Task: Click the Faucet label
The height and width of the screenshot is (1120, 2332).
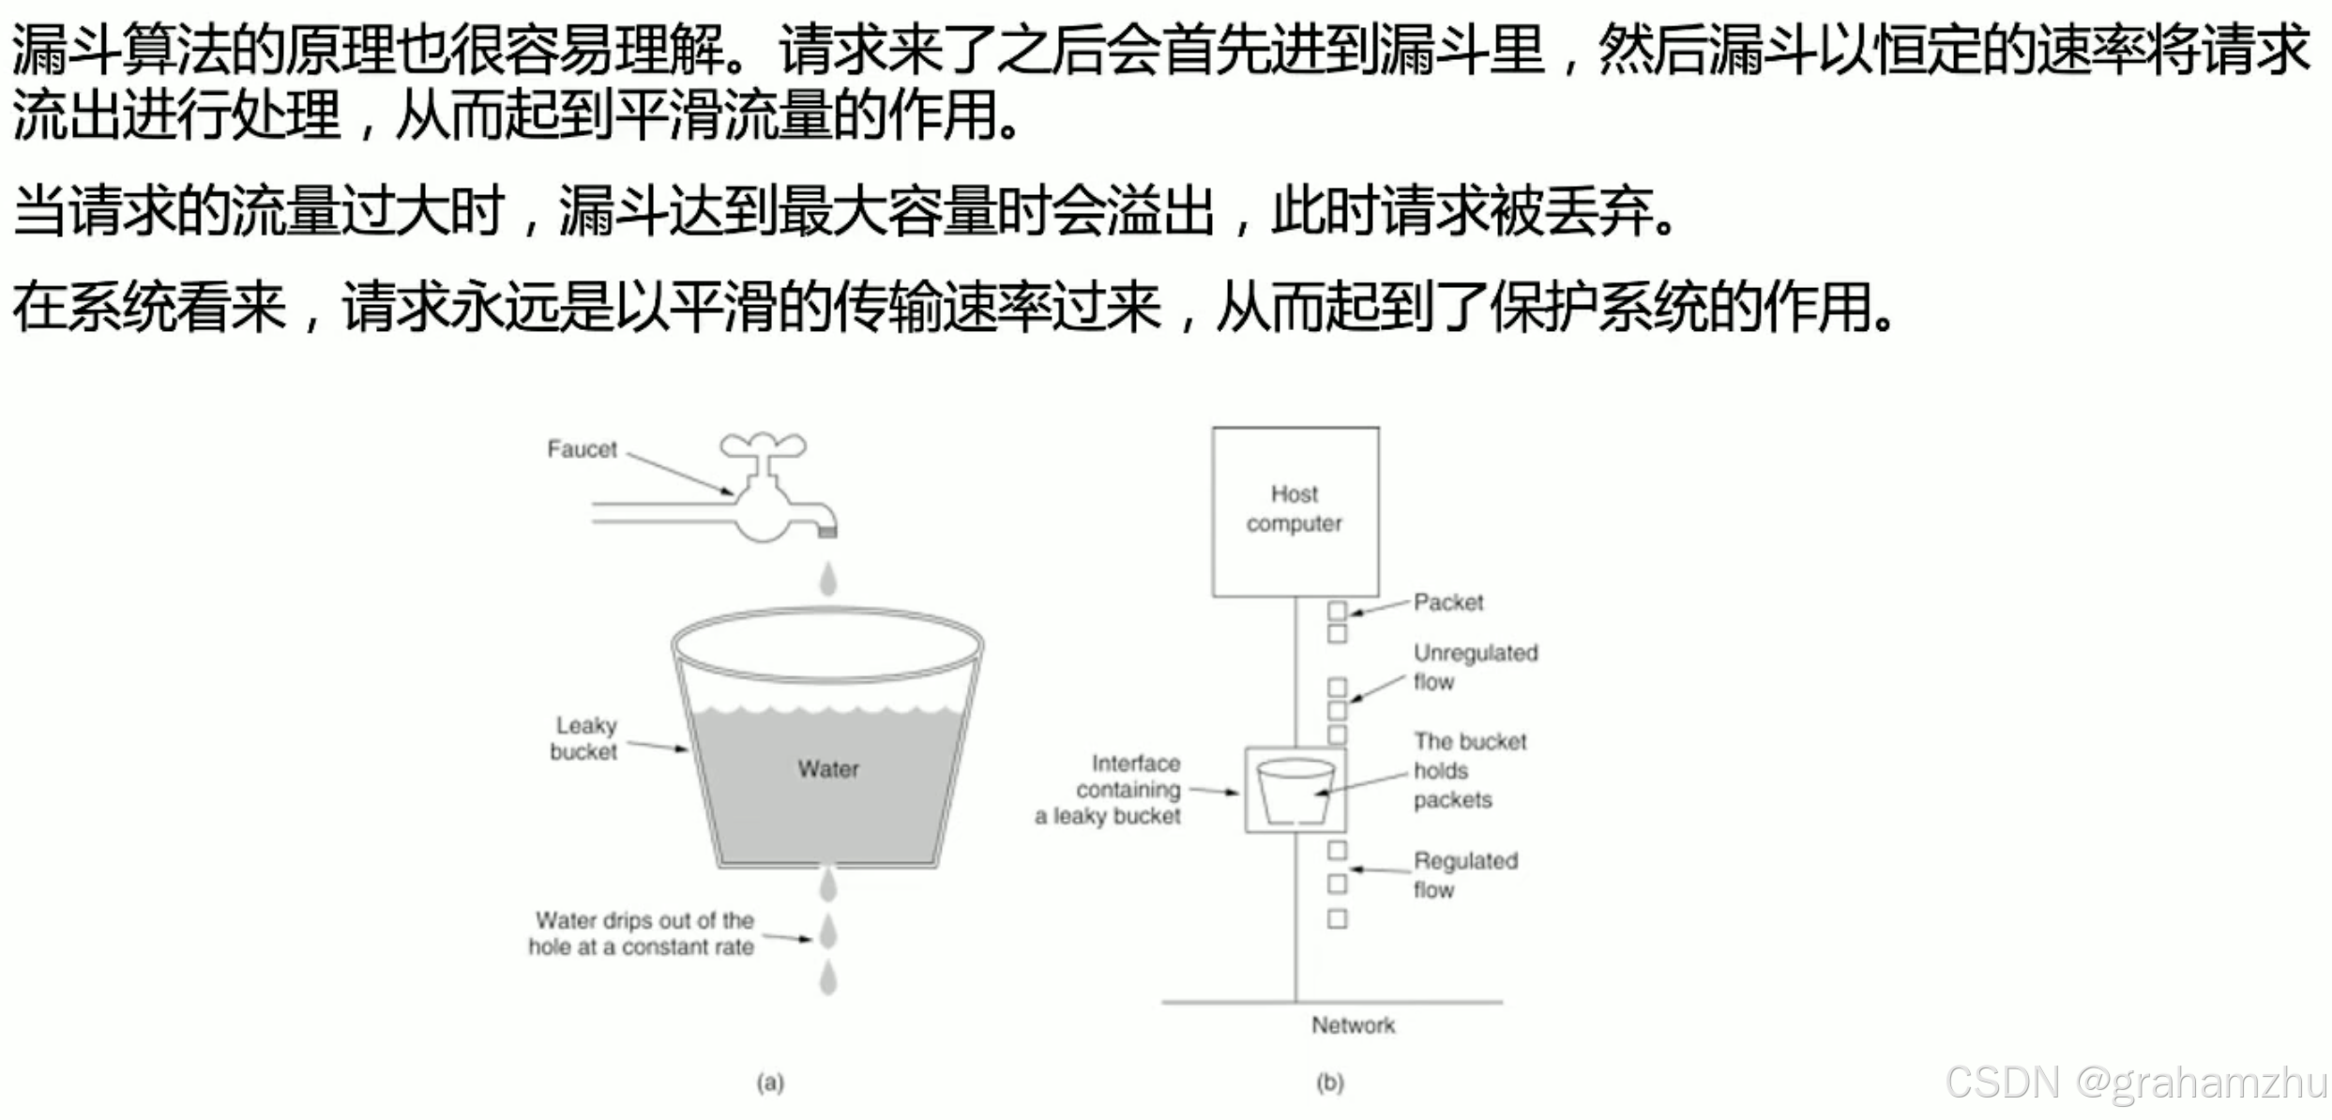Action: click(x=582, y=449)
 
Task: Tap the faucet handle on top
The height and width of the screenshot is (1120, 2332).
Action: click(x=762, y=445)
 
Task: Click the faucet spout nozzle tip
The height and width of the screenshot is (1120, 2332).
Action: click(x=827, y=531)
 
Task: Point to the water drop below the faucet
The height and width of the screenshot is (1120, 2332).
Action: click(x=827, y=579)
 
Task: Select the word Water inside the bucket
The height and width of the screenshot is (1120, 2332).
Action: click(x=828, y=769)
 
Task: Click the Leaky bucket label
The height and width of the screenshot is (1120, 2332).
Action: click(x=583, y=738)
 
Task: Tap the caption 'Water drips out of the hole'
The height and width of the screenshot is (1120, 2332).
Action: click(x=643, y=933)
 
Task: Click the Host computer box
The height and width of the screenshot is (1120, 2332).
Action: click(x=1295, y=511)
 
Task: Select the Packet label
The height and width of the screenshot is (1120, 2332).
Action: click(x=1448, y=602)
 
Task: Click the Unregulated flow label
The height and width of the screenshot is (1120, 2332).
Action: click(x=1475, y=667)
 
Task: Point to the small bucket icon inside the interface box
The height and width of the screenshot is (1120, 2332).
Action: click(x=1295, y=791)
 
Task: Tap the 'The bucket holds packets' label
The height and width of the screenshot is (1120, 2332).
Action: click(x=1468, y=770)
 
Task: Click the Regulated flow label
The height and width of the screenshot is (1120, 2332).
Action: click(x=1464, y=874)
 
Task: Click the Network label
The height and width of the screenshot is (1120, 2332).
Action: click(x=1353, y=1025)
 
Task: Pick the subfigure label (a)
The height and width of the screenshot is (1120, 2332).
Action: click(x=770, y=1083)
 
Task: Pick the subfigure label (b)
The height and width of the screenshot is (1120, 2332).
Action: click(x=1330, y=1083)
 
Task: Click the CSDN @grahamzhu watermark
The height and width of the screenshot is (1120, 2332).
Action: click(x=2134, y=1083)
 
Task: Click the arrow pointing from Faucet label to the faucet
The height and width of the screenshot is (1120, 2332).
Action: click(x=680, y=474)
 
